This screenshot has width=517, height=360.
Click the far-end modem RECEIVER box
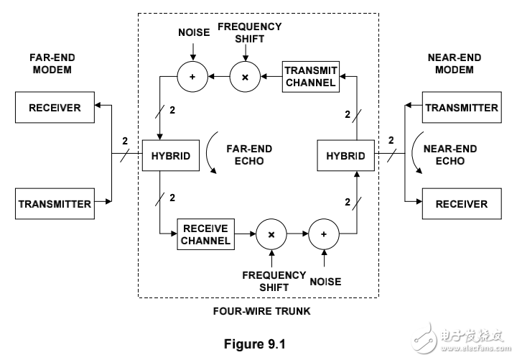(x=55, y=109)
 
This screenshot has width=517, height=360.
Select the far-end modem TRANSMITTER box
(x=55, y=203)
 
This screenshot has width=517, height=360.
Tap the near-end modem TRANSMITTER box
(x=462, y=108)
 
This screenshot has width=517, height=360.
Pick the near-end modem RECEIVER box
(x=462, y=203)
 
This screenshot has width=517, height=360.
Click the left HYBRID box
(x=171, y=156)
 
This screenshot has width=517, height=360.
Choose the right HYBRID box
(x=346, y=156)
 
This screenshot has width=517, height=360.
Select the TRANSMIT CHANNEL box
(x=310, y=76)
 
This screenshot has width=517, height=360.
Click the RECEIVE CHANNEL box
(x=205, y=235)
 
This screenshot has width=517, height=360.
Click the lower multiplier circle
(x=271, y=235)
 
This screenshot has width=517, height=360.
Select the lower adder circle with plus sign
(x=324, y=235)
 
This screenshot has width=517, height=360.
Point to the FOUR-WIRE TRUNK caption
(x=258, y=312)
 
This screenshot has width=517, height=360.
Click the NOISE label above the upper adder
(x=192, y=33)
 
